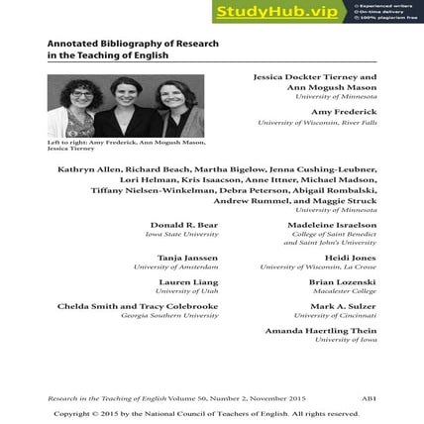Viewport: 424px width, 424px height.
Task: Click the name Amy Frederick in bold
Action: [x=348, y=112]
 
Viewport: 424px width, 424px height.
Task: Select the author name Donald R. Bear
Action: [x=183, y=225]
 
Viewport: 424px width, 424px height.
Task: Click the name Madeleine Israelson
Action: [x=331, y=225]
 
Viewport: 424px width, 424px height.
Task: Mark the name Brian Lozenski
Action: [x=342, y=281]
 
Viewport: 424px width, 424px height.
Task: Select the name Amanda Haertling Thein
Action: [x=320, y=330]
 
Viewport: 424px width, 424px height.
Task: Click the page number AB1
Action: [x=369, y=398]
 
